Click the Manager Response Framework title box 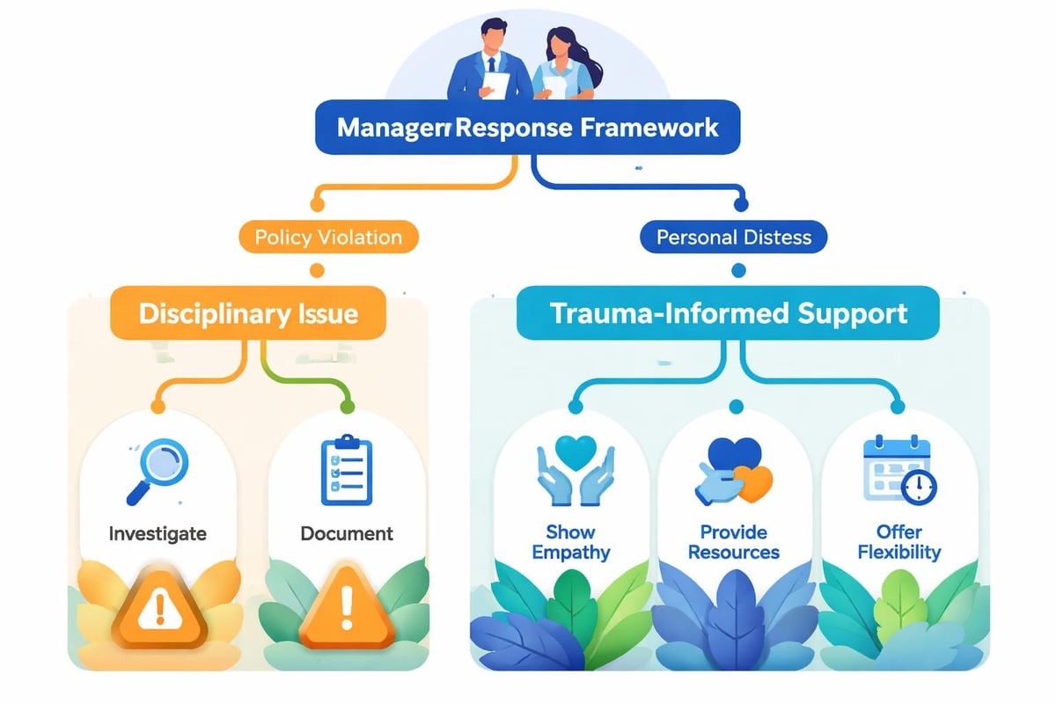(x=527, y=128)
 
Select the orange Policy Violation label (x=327, y=237)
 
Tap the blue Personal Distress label (x=733, y=237)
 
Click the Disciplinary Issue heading (x=248, y=313)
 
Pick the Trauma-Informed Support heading (x=728, y=313)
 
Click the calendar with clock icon (x=898, y=468)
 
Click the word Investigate (x=158, y=533)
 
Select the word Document (x=347, y=533)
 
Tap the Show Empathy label (x=570, y=542)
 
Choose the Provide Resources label (x=733, y=542)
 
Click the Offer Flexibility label (x=898, y=542)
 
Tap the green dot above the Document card (x=347, y=407)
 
